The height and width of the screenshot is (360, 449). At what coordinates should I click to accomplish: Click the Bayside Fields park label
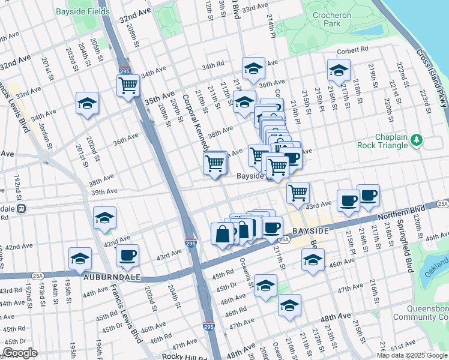(82, 11)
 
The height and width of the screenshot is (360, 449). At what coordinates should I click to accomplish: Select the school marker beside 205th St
(88, 104)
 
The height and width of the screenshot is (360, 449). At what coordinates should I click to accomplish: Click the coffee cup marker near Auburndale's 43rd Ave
(127, 256)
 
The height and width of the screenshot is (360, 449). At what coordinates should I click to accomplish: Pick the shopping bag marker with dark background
(223, 233)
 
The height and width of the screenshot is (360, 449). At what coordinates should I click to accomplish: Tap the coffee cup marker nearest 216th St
(368, 196)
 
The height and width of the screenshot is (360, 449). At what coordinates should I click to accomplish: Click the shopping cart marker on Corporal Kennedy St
(215, 163)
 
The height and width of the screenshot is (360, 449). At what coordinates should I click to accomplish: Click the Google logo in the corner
(20, 353)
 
